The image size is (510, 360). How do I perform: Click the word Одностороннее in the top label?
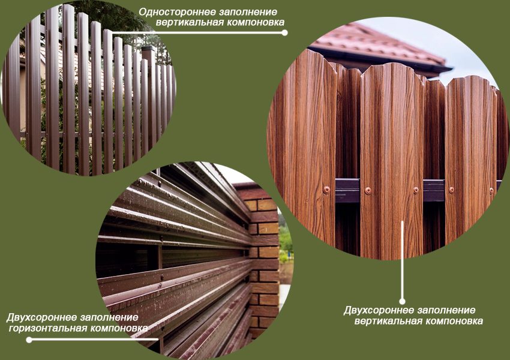tap(177, 12)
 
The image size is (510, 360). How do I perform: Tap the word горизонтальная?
tap(48, 328)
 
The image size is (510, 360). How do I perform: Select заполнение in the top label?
tap(248, 12)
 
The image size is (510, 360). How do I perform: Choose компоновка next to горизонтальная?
tap(119, 328)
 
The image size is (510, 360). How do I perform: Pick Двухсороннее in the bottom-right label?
tap(379, 310)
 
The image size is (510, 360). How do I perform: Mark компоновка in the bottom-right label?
tap(454, 322)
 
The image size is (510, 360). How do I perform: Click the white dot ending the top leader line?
tap(284, 32)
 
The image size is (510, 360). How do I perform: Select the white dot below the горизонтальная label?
tap(29, 340)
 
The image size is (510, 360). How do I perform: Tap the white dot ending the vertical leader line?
tap(403, 301)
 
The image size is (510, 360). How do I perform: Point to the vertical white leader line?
tap(403, 260)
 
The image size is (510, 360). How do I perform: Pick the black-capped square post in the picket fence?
tap(149, 98)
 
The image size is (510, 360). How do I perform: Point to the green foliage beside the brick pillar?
tap(285, 241)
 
